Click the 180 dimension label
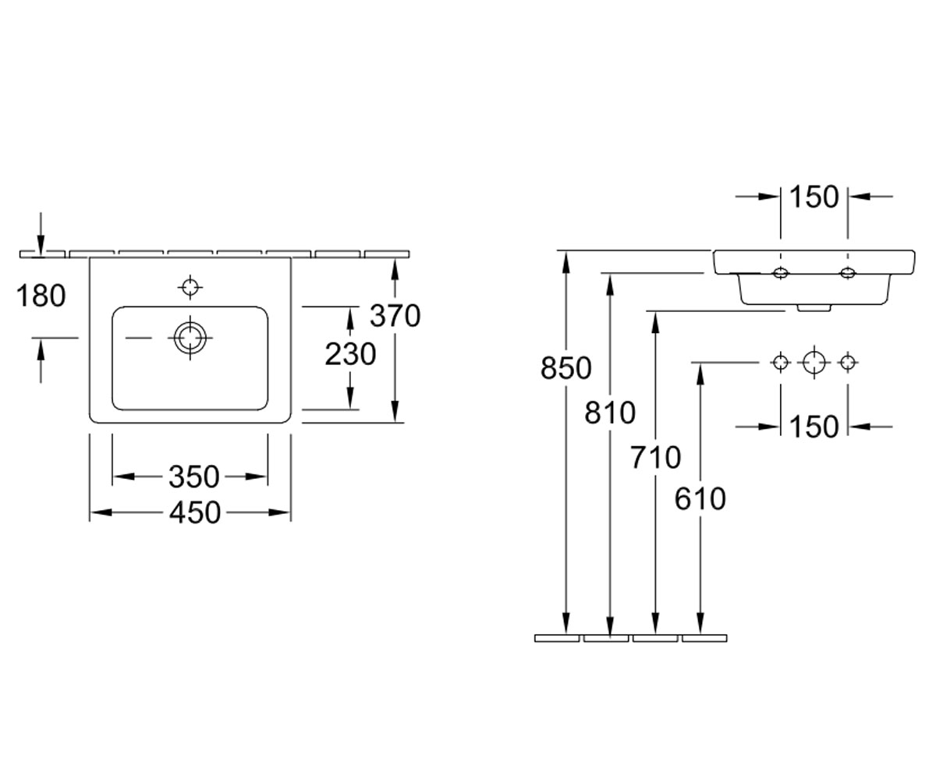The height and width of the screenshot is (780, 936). pyautogui.click(x=41, y=296)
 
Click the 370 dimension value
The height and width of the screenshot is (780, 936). pyautogui.click(x=395, y=316)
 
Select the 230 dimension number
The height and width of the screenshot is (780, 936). pyautogui.click(x=350, y=354)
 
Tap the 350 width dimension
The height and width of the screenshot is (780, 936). pyautogui.click(x=194, y=477)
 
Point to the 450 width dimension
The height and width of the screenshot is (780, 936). pyautogui.click(x=195, y=512)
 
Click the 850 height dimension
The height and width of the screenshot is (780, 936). pyautogui.click(x=565, y=368)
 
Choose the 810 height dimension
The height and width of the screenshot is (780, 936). pyautogui.click(x=610, y=413)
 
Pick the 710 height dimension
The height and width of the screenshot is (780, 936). pyautogui.click(x=655, y=457)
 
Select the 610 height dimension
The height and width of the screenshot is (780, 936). pyautogui.click(x=700, y=498)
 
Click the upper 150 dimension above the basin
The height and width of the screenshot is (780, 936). pyautogui.click(x=814, y=197)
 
